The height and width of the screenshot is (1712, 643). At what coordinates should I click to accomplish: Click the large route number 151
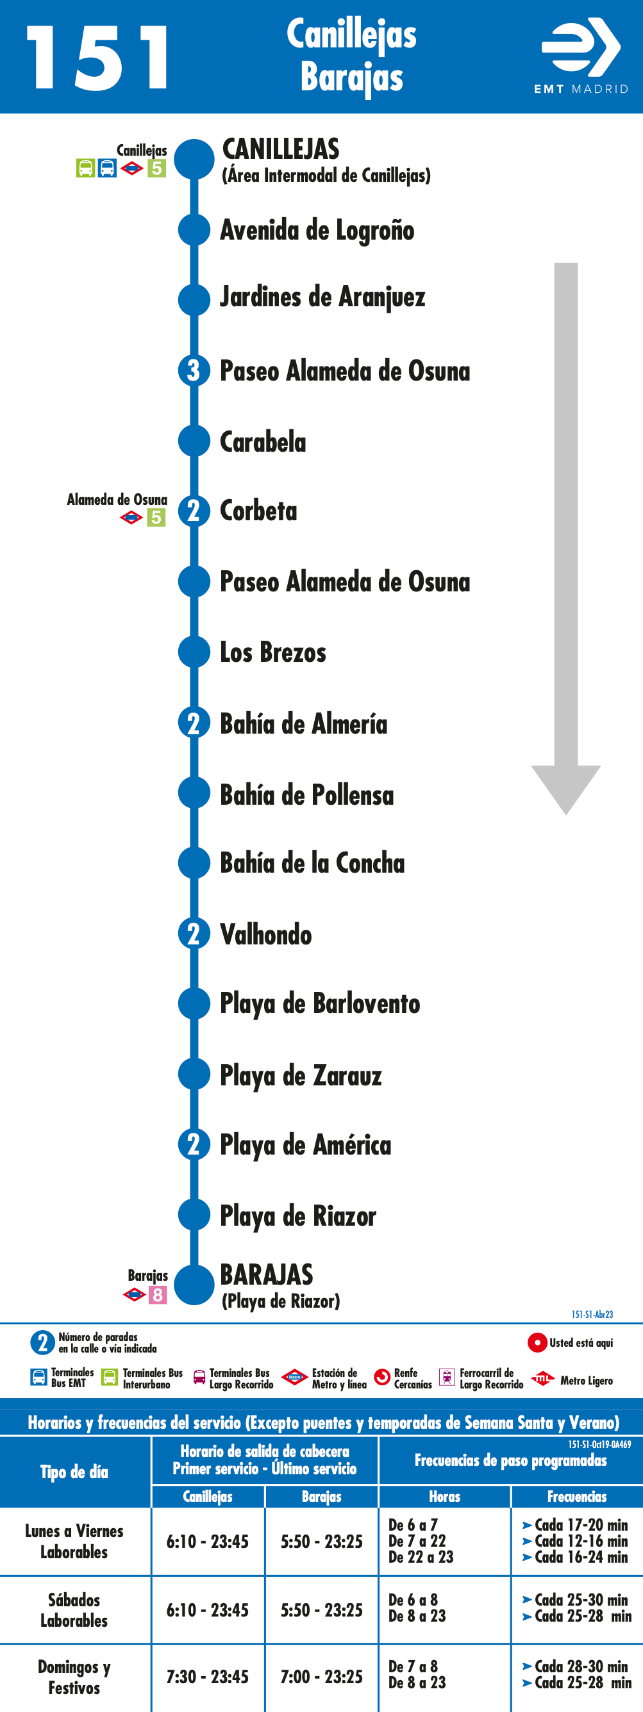point(97,58)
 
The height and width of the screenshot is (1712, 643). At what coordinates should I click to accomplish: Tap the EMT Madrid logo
point(581,56)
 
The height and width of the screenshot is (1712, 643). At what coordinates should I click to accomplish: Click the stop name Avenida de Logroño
point(317,230)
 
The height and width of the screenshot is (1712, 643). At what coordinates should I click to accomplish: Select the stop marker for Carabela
point(194,441)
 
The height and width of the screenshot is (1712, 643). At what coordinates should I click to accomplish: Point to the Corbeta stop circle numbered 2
point(194,511)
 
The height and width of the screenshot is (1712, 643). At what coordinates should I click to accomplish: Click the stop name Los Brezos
point(273,652)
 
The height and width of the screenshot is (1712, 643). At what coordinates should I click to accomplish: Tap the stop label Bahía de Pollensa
point(307,794)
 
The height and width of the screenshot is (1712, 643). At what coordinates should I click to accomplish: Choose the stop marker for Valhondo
point(194,934)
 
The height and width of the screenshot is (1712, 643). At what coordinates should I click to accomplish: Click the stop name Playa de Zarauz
point(301,1075)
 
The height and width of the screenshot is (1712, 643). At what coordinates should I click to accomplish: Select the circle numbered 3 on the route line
point(194,370)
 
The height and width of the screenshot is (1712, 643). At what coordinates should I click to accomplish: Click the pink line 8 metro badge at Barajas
point(158,1295)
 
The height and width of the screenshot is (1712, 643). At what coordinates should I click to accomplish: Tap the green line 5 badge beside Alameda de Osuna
point(156,517)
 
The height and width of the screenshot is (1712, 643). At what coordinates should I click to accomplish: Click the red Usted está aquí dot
point(537,1342)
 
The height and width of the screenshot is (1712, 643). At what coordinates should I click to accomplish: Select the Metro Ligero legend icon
point(542,1378)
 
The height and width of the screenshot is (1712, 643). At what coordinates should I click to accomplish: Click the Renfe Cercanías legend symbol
point(382,1378)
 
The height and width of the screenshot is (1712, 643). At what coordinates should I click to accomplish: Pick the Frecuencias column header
point(576,1496)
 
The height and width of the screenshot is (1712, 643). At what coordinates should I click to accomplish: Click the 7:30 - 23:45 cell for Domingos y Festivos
point(208,1677)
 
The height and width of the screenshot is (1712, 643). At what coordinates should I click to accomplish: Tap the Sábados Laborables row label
point(74,1609)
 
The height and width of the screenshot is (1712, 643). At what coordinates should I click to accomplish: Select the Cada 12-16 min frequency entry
point(576,1540)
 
